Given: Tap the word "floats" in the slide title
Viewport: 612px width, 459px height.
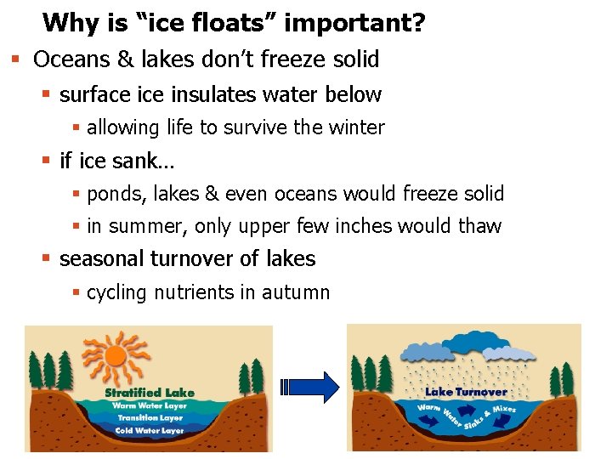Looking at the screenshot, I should (x=234, y=23).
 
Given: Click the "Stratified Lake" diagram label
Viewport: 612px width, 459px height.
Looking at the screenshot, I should (x=149, y=393).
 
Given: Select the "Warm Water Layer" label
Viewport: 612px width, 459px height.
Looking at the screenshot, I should (x=149, y=405).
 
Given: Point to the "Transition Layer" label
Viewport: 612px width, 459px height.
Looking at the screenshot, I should (x=150, y=417).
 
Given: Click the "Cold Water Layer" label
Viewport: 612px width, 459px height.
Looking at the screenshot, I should (x=149, y=430).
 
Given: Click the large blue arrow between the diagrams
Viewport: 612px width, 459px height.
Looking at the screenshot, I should (x=315, y=387).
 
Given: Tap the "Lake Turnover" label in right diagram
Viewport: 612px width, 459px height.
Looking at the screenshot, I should (x=466, y=392).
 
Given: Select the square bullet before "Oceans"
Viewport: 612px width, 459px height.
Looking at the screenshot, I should (x=15, y=59).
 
